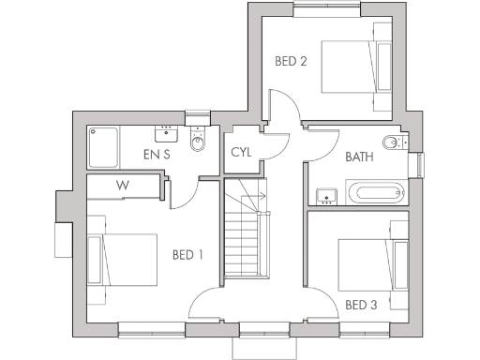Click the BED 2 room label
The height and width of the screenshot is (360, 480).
(291, 62)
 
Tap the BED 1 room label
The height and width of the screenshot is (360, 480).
(189, 255)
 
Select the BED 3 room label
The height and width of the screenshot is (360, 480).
(361, 305)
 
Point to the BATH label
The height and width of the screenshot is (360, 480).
(359, 157)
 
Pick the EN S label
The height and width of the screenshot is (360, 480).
(157, 154)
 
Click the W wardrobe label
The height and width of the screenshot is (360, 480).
(122, 185)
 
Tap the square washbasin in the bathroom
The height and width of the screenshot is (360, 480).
(325, 196)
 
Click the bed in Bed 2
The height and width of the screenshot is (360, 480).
(355, 67)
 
